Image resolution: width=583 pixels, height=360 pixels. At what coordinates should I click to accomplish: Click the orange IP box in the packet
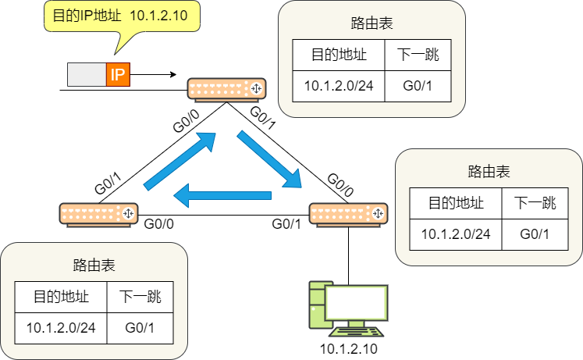(x=118, y=75)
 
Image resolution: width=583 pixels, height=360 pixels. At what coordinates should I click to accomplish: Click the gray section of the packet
(x=87, y=75)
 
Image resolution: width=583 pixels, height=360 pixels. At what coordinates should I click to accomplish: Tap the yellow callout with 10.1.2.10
(x=120, y=16)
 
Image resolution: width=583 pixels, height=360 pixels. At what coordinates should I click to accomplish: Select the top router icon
(x=227, y=89)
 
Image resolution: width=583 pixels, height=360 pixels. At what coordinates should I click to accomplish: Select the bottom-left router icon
(x=99, y=213)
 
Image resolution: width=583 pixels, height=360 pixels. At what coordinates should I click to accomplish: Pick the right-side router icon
(x=348, y=212)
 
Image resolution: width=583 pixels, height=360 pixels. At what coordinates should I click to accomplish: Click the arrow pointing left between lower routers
(x=222, y=196)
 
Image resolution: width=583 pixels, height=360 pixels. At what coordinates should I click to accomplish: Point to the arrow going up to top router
(x=179, y=161)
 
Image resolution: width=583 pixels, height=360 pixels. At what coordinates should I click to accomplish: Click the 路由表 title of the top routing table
(x=372, y=23)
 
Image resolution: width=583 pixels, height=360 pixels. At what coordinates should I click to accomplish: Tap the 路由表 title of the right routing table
(x=489, y=171)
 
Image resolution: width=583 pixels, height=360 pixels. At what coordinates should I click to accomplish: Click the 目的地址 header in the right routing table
(x=456, y=204)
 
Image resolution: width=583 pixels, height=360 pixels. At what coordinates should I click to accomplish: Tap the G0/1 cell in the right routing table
(x=535, y=233)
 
